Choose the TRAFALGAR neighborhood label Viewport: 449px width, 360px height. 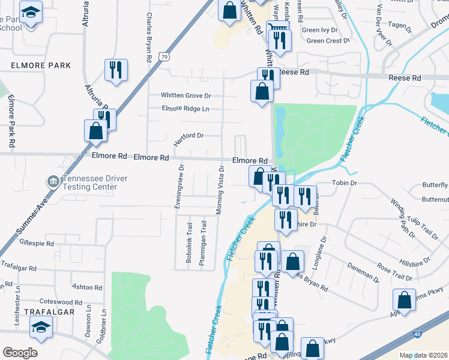49,312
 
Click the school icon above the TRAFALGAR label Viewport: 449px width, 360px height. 41,327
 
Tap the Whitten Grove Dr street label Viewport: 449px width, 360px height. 186,95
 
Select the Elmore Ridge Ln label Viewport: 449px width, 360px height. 185,109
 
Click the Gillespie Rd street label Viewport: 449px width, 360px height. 37,244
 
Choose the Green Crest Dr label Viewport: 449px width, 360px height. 328,41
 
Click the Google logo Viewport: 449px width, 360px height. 20,353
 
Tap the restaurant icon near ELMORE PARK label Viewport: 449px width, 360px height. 114,69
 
